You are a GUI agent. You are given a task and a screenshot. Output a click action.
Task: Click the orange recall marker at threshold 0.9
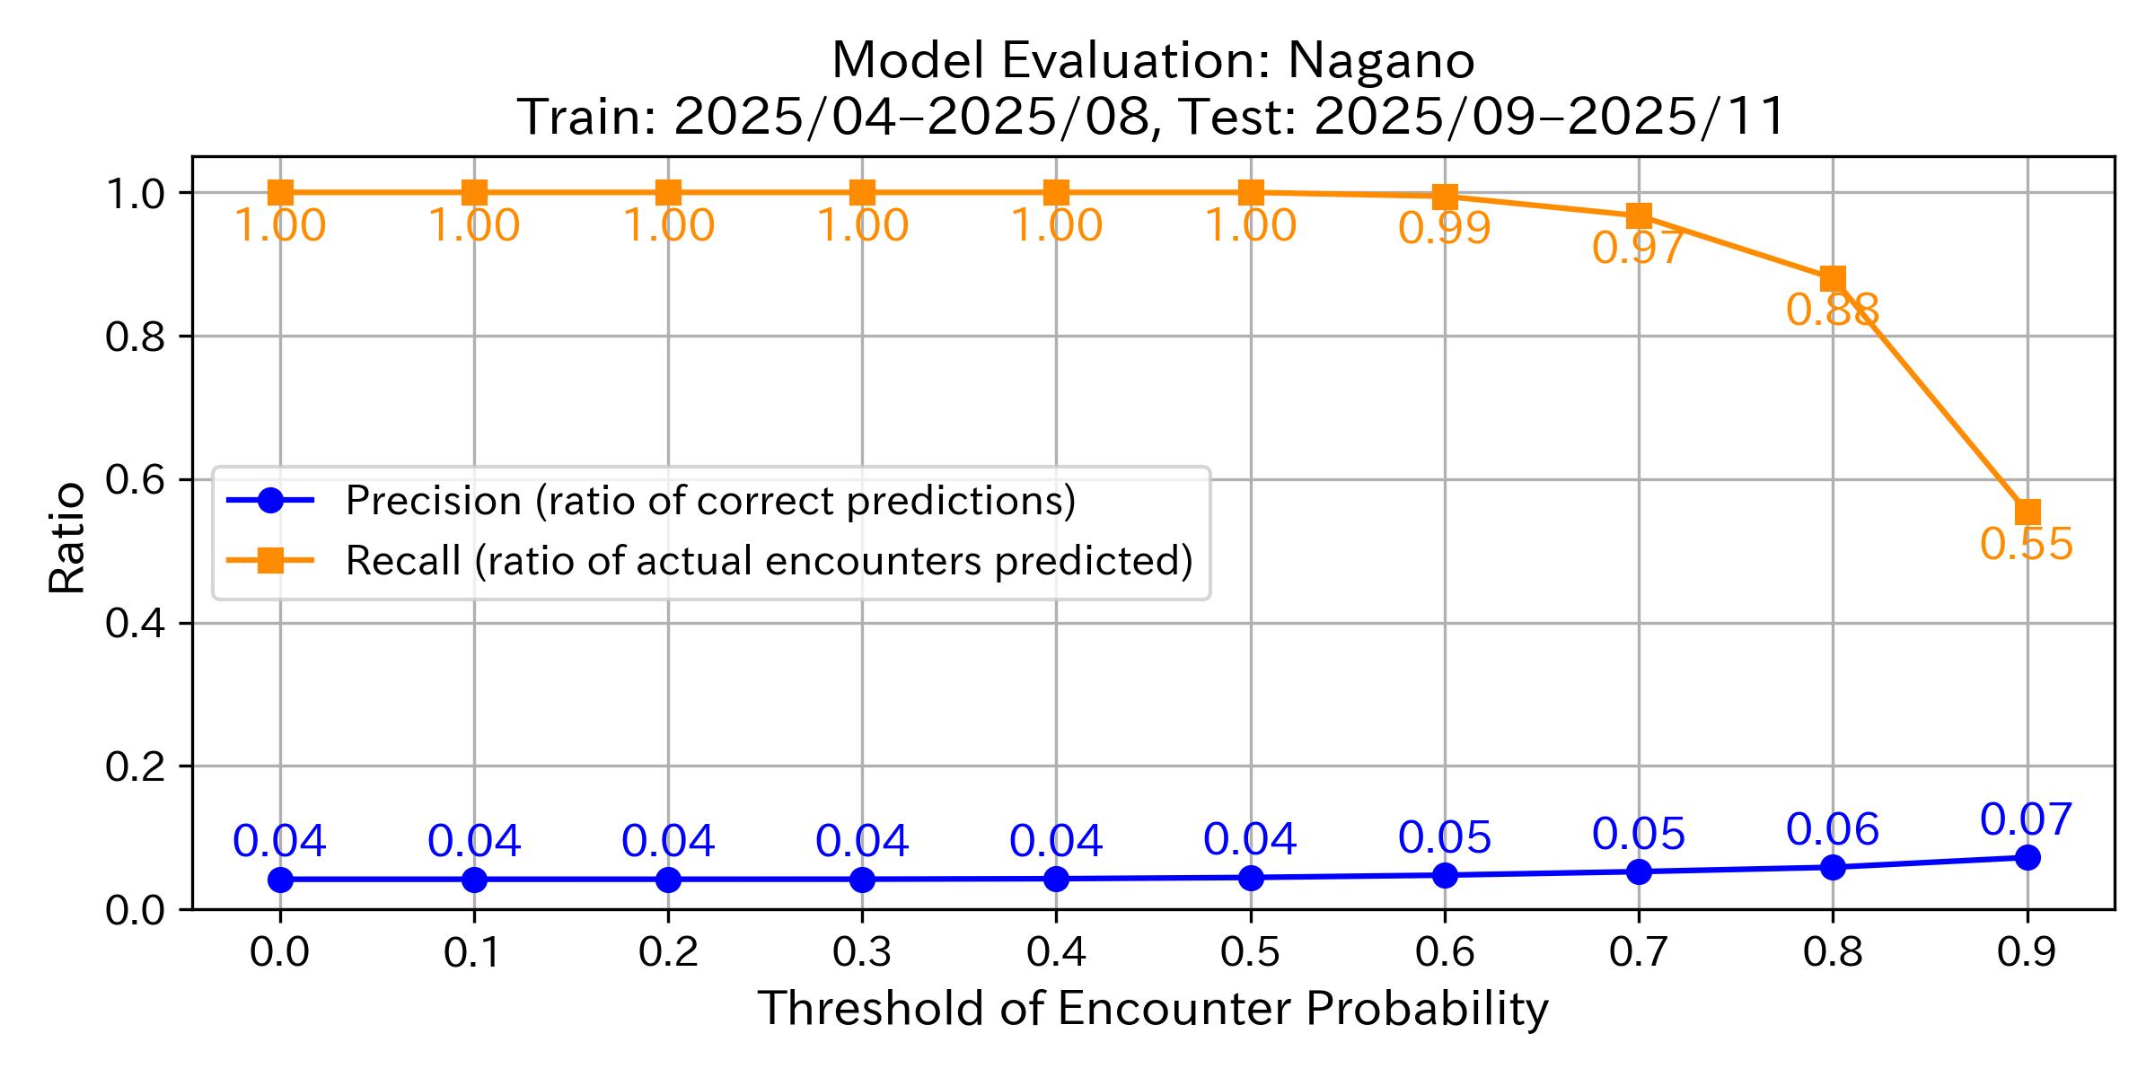pos(2027,512)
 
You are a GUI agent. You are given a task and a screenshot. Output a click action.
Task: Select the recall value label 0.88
pos(1832,311)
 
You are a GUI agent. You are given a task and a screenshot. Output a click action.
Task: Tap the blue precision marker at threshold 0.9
pos(2027,858)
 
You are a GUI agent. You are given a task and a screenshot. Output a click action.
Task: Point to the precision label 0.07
pos(2027,819)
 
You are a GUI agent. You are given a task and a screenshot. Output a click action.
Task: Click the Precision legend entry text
pos(710,501)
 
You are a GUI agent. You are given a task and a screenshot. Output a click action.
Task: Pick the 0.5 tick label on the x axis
pos(1250,952)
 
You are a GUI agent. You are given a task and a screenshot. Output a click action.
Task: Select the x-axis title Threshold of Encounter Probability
pos(1153,1009)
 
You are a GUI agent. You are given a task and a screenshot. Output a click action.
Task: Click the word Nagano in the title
pos(1381,61)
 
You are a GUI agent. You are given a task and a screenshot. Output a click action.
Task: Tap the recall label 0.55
pos(2027,544)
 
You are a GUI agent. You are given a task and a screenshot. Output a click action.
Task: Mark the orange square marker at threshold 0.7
pos(1639,216)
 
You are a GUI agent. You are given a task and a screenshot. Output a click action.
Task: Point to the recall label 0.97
pos(1638,248)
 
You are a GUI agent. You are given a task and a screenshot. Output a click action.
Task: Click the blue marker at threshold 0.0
pos(280,880)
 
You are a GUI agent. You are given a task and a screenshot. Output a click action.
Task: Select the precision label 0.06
pos(1832,829)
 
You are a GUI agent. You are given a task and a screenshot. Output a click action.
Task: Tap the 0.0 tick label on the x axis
pos(280,952)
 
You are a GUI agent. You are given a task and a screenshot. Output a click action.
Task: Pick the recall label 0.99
pos(1444,228)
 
